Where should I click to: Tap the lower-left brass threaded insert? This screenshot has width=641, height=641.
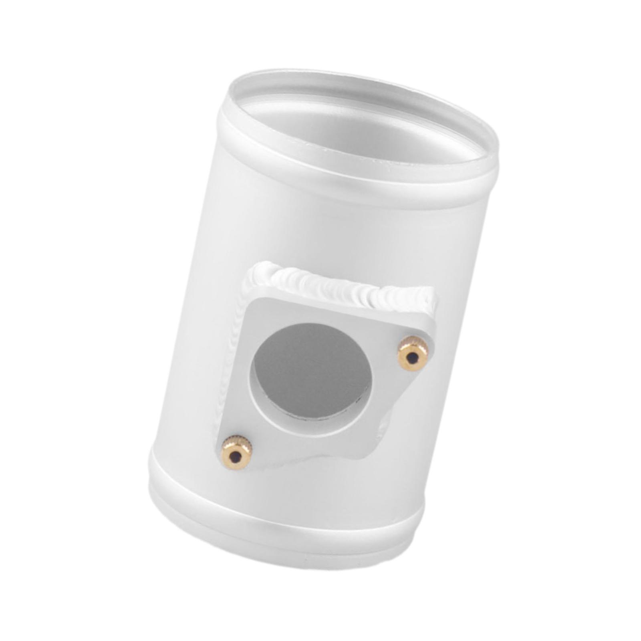point(236,453)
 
